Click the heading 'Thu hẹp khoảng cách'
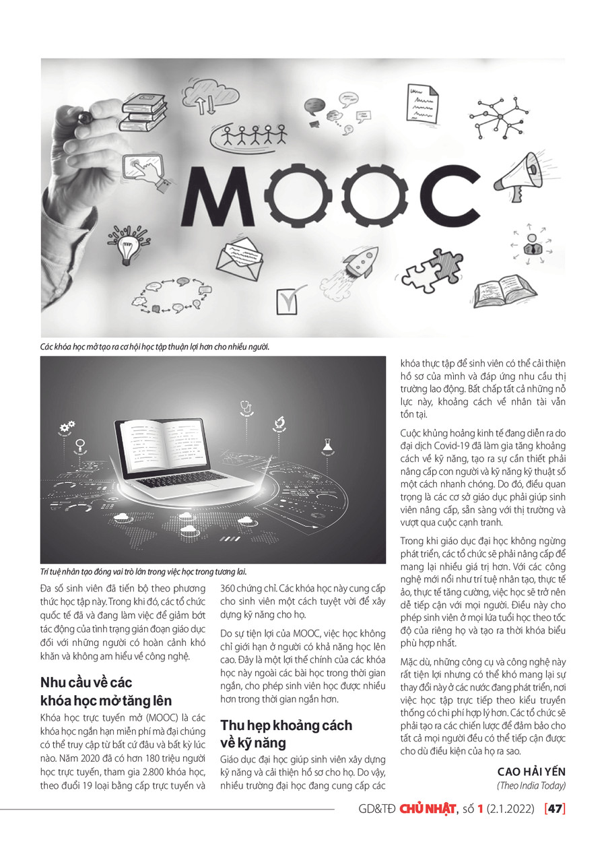click(286, 725)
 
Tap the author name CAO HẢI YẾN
click(531, 772)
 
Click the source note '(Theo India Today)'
click(531, 785)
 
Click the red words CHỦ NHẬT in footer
click(428, 808)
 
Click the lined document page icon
click(423, 103)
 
